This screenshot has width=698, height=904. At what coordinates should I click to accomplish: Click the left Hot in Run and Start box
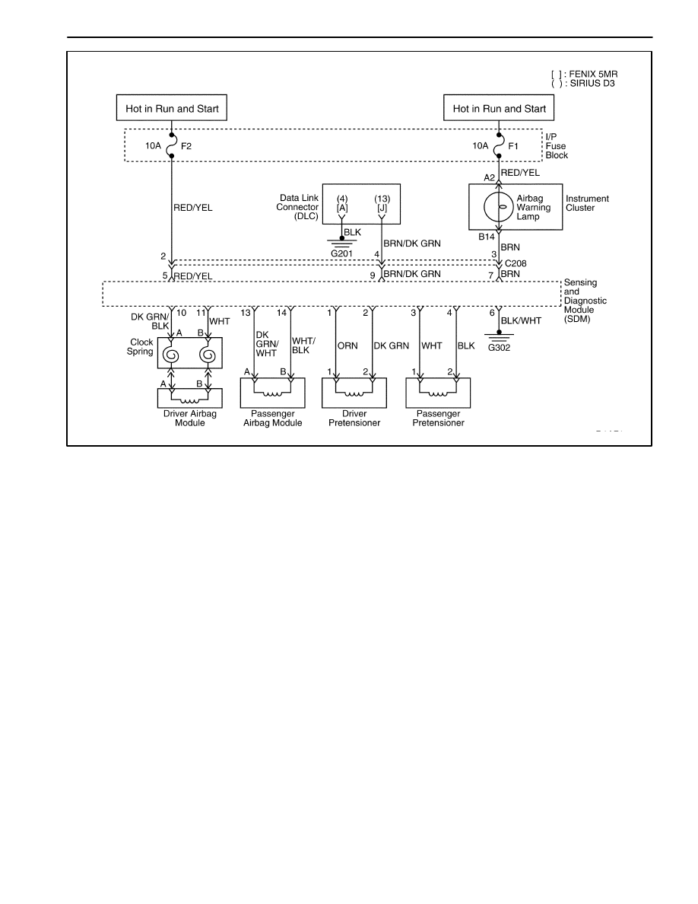coord(172,108)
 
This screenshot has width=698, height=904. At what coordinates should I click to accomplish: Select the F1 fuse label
coord(513,146)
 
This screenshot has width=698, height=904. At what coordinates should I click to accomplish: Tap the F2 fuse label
coord(186,146)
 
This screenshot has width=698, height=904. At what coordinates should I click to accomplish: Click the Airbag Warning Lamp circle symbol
coord(499,207)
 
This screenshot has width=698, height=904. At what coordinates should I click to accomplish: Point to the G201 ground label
coord(341,253)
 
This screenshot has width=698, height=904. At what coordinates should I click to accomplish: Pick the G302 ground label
coord(499,348)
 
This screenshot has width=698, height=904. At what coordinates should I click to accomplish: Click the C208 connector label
coord(516,263)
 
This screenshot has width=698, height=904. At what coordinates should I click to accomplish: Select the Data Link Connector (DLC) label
coord(297,207)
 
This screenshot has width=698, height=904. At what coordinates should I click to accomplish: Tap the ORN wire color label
coord(347,346)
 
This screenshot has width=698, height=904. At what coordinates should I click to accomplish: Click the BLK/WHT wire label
coord(521,320)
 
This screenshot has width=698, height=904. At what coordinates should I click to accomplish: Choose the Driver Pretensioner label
coord(354,418)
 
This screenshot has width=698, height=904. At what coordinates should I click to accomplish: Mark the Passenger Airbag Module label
coord(272,418)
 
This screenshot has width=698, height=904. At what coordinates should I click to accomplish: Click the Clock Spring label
coord(141,346)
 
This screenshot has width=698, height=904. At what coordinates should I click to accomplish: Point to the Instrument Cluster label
coord(587,203)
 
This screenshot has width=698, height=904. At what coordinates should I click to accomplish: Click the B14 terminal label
coord(487,237)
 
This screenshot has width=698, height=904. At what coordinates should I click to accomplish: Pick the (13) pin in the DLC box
coord(382,199)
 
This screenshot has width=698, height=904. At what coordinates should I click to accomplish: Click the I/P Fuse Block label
coord(557,146)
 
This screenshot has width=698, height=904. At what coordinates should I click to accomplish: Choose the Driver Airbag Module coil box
coord(189,398)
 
